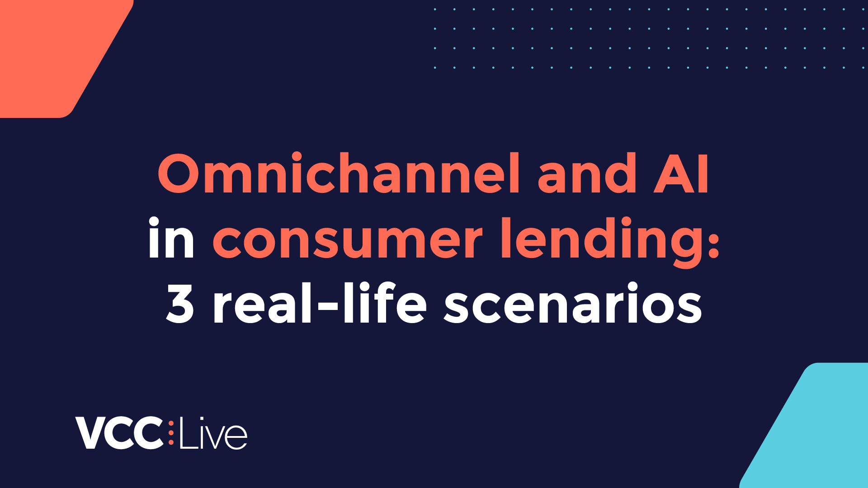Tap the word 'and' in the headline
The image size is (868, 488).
(587, 174)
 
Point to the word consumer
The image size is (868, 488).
(347, 239)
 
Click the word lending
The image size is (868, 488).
(601, 239)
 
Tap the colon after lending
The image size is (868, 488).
(714, 239)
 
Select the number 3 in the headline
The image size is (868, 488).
(180, 304)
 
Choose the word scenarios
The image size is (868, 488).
(573, 304)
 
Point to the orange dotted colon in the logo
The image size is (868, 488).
(171, 433)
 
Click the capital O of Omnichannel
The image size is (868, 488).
(179, 174)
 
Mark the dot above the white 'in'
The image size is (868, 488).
(154, 222)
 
